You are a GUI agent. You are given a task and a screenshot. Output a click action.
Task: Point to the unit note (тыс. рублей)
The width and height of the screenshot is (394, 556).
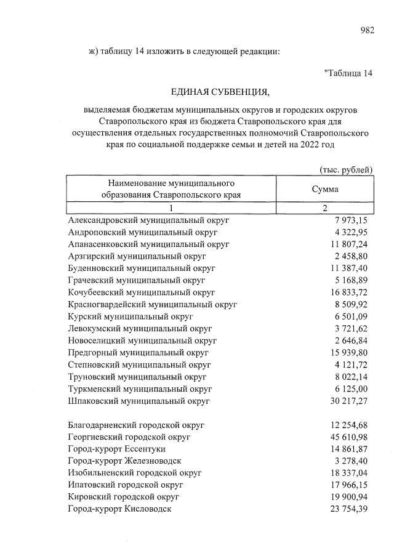pyautogui.click(x=346, y=169)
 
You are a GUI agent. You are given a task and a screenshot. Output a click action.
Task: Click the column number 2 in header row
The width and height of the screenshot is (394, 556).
pyautogui.click(x=325, y=208)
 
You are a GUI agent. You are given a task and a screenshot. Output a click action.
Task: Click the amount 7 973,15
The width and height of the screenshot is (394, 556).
pyautogui.click(x=351, y=220)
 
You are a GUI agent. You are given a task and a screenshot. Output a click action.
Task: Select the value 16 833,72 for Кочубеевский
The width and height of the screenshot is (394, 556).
pyautogui.click(x=348, y=292)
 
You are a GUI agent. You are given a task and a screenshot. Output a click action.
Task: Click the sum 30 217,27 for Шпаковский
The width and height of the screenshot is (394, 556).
pyautogui.click(x=348, y=400)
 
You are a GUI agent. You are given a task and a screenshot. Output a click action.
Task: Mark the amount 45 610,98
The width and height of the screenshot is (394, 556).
pyautogui.click(x=348, y=437)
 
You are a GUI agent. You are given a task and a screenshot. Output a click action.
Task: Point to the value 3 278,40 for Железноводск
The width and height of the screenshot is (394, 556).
pyautogui.click(x=351, y=461)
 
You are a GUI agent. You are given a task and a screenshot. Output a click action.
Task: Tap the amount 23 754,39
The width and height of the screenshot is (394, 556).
pyautogui.click(x=348, y=509)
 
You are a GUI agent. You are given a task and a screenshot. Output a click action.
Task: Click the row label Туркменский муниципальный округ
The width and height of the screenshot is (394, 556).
pyautogui.click(x=140, y=389)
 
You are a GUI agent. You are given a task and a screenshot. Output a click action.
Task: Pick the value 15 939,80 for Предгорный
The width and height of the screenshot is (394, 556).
pyautogui.click(x=348, y=352)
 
